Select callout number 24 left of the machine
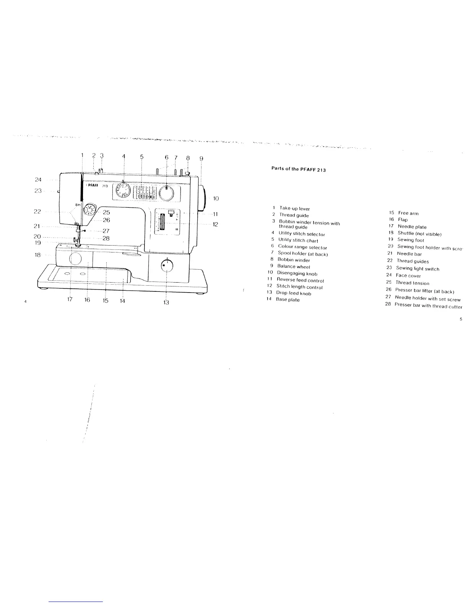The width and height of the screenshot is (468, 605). point(38,179)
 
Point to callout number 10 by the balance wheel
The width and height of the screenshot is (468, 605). point(216,198)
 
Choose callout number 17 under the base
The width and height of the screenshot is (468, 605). point(70,300)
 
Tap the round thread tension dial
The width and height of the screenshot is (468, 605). point(91,210)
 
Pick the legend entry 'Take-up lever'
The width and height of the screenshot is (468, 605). point(294,209)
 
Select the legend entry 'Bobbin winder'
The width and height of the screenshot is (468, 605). point(294,260)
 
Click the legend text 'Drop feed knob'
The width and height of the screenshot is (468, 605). point(294,293)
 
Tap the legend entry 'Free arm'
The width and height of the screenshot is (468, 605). point(408,214)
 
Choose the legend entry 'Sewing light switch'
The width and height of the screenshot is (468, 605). point(418,269)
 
